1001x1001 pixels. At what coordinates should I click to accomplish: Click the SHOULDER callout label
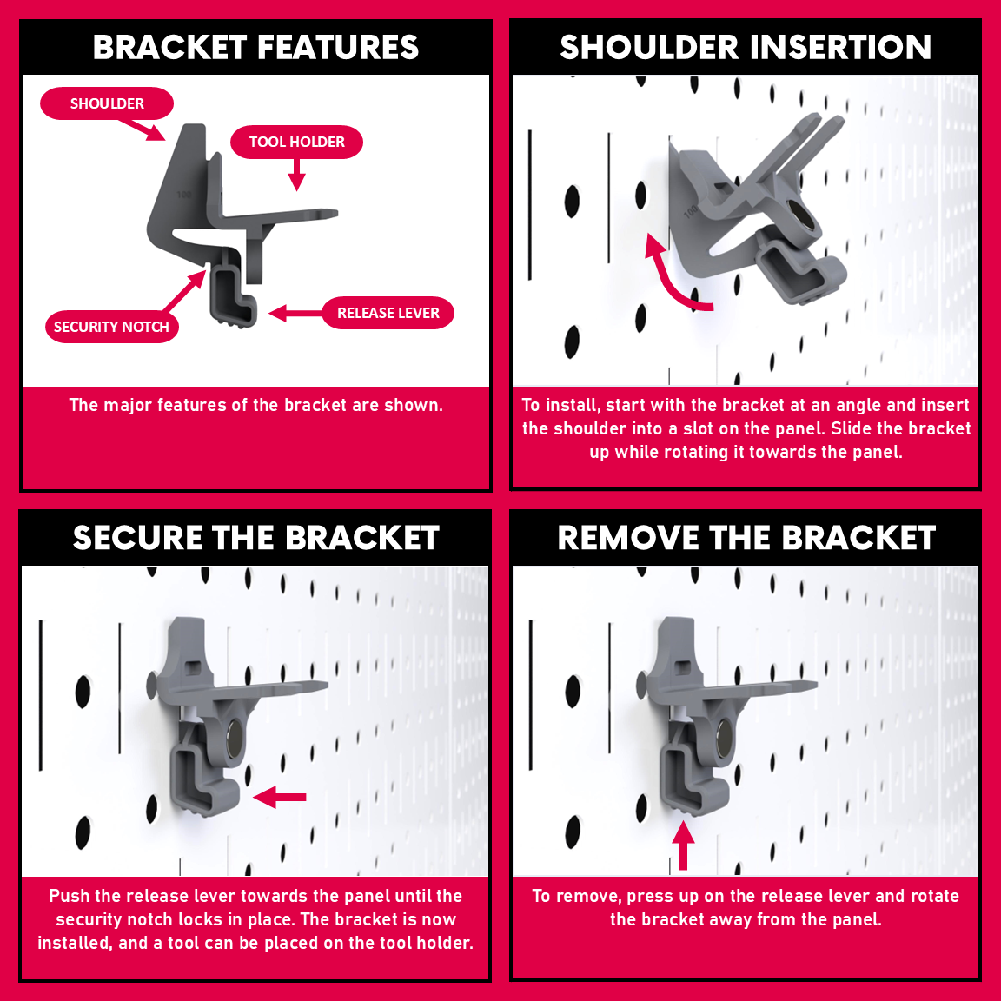click(x=107, y=103)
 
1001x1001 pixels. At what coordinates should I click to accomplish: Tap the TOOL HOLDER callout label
click(x=297, y=142)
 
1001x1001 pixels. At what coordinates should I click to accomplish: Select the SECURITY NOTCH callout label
click(x=112, y=327)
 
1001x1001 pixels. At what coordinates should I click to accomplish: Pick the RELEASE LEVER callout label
click(x=388, y=313)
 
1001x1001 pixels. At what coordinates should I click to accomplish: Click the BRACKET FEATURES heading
click(x=255, y=47)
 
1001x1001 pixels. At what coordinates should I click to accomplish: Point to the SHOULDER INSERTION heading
click(x=746, y=47)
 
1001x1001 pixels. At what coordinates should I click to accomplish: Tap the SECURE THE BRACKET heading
click(x=256, y=538)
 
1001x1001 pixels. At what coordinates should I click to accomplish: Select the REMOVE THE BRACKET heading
click(x=746, y=538)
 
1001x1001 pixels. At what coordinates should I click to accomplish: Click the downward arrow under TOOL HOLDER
click(x=297, y=175)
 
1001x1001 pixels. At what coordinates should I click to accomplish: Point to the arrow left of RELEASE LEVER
click(x=295, y=314)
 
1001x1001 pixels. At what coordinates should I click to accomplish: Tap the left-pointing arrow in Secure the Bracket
click(x=280, y=797)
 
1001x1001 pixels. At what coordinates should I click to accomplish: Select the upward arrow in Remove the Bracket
click(x=684, y=845)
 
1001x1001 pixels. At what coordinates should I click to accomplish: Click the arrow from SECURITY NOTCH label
click(x=184, y=291)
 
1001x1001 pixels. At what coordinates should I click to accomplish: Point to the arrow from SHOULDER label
click(x=142, y=129)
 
